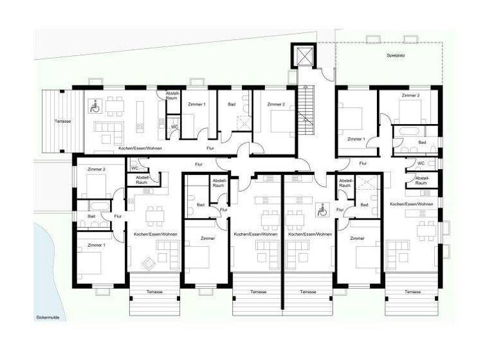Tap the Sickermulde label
click(48, 318)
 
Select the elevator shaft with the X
click(301, 56)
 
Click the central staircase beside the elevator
click(306, 113)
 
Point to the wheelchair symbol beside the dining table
click(93, 105)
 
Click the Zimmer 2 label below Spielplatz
click(410, 95)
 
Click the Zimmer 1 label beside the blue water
click(96, 245)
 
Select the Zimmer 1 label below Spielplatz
click(355, 139)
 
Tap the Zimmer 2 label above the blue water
click(96, 169)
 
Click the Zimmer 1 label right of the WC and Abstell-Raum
click(196, 104)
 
